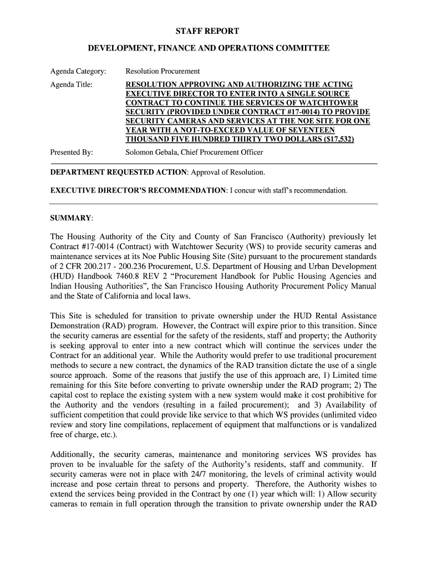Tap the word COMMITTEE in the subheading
coord(301,49)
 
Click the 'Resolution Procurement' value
coord(162,71)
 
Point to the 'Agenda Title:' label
coord(72,85)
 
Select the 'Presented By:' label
coord(72,152)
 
